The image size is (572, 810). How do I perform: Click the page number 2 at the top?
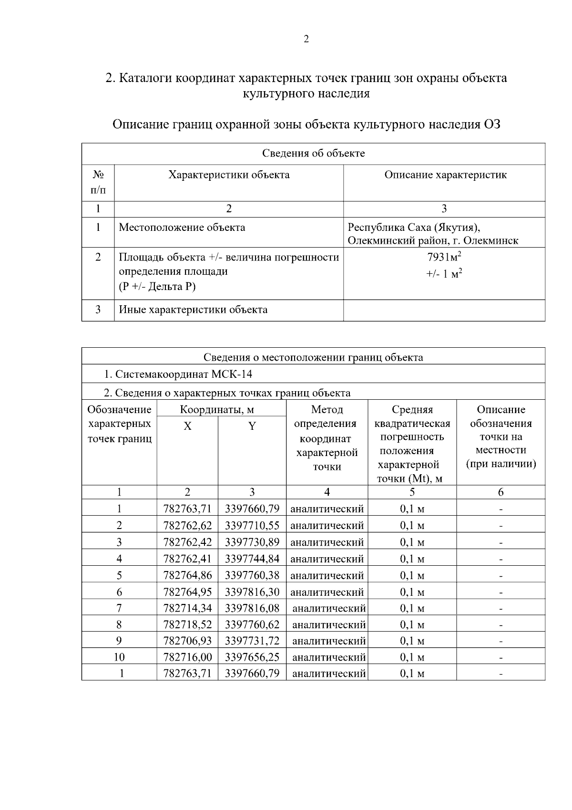[x=306, y=40]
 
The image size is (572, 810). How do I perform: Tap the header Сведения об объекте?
[x=313, y=154]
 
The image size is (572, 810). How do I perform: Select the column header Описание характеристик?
[x=445, y=175]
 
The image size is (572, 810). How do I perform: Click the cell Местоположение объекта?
[x=182, y=228]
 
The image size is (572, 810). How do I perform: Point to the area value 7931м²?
[x=444, y=258]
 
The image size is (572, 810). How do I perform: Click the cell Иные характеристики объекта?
[x=193, y=310]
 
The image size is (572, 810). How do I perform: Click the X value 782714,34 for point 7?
[x=187, y=608]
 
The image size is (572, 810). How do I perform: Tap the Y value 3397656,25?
[x=252, y=657]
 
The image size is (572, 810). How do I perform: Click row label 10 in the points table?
[x=119, y=657]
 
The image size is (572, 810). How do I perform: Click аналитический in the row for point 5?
[x=327, y=576]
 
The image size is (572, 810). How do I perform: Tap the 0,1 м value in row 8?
[x=412, y=625]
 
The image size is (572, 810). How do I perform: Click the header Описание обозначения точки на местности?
[x=500, y=436]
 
